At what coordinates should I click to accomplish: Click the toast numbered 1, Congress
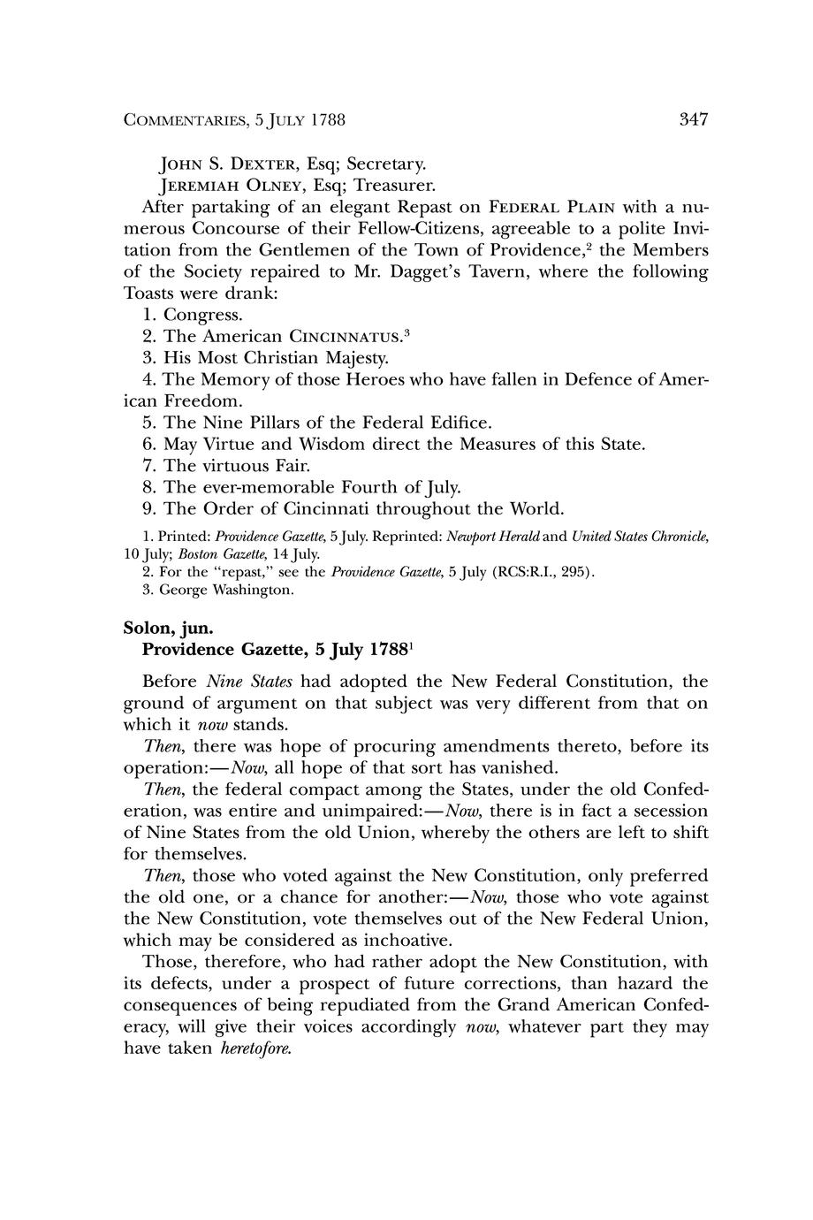click(202, 315)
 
